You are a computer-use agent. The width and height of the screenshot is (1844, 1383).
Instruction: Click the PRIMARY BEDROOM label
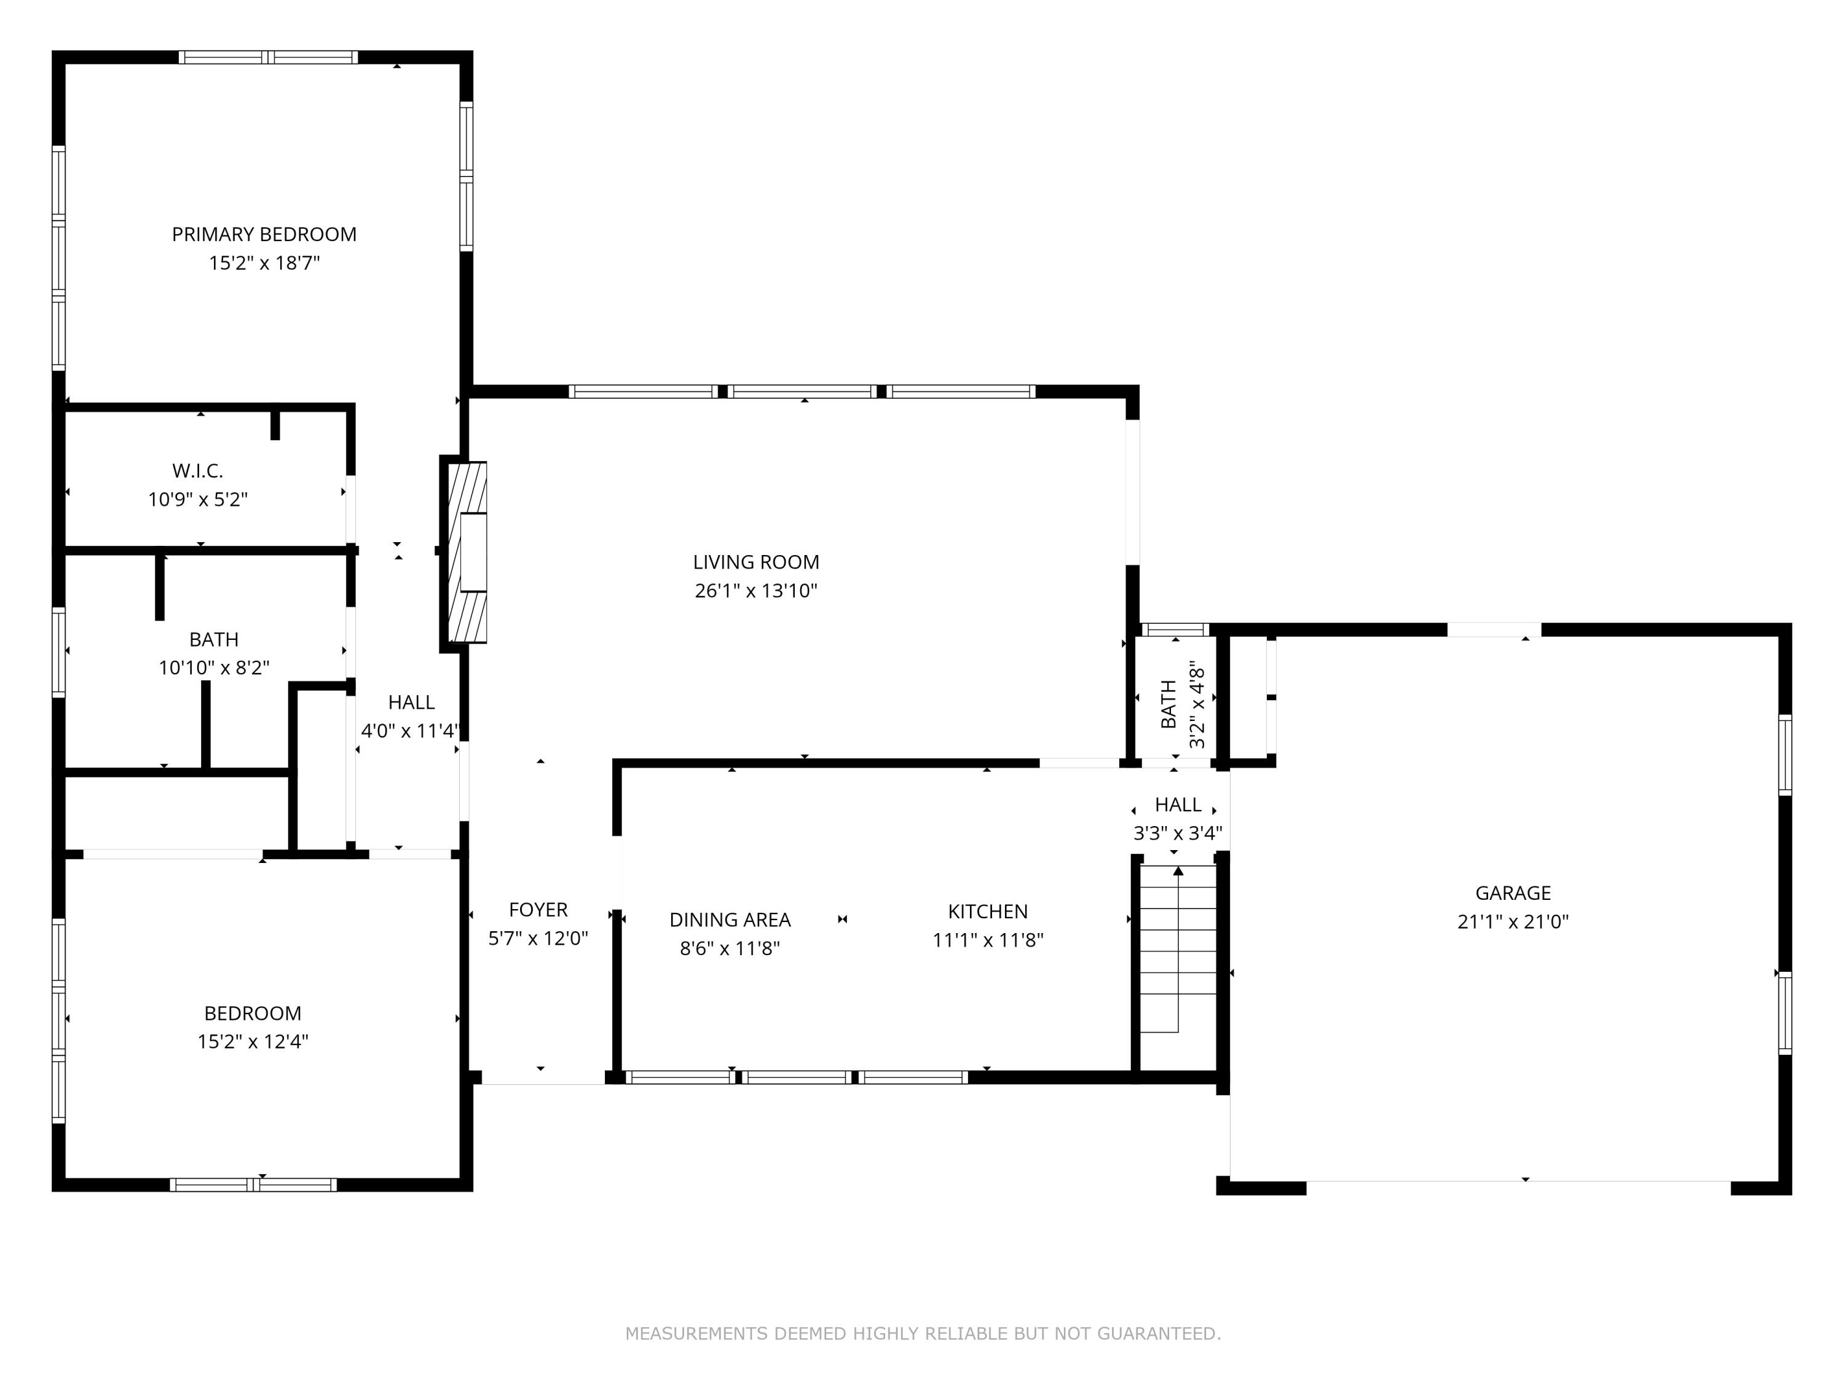264,234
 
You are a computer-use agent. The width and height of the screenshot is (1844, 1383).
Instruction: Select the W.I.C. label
197,471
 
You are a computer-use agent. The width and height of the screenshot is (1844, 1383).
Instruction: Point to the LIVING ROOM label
755,562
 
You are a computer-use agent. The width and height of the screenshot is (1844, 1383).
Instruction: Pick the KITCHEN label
987,911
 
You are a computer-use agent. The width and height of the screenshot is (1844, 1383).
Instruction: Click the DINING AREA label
730,920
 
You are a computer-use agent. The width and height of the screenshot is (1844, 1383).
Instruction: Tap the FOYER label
538,910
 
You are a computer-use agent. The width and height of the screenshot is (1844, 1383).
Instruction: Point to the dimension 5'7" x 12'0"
538,939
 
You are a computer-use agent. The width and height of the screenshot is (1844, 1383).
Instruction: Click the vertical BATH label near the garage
1168,704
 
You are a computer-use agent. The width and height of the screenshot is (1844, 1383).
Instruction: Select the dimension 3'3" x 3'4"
1177,833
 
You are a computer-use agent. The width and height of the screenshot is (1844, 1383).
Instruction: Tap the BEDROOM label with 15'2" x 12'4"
253,1013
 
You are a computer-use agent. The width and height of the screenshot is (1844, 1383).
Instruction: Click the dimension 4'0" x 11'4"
409,731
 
